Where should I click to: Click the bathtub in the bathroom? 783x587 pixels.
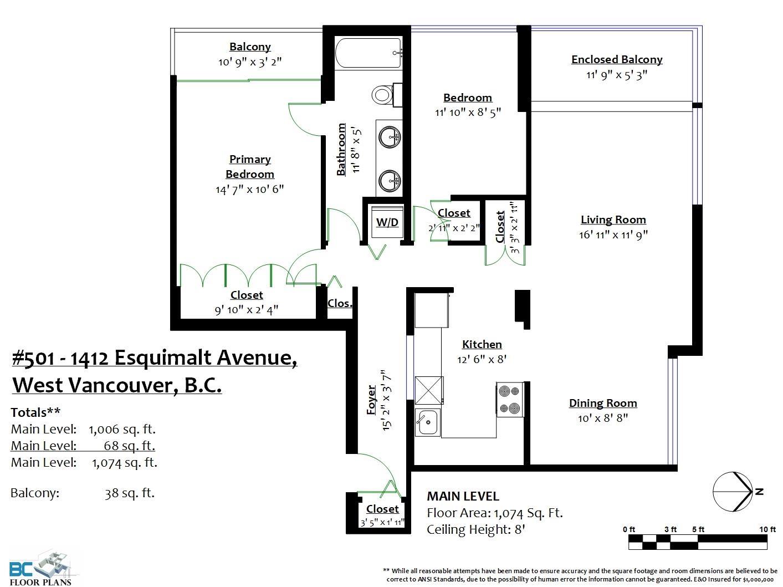click(369, 53)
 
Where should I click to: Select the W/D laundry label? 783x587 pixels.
click(387, 222)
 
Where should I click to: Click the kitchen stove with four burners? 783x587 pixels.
click(510, 399)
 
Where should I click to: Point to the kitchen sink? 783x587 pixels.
click(428, 422)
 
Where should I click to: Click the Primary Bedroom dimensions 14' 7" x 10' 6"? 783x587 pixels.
click(249, 189)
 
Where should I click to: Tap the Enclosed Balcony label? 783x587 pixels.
click(617, 59)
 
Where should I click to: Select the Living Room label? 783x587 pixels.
click(613, 220)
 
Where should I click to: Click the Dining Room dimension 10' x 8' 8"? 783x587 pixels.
click(603, 418)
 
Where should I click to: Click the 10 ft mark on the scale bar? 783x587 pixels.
click(767, 529)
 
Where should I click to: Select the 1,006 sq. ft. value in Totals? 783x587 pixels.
click(122, 429)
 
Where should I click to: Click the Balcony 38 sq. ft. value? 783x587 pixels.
click(130, 493)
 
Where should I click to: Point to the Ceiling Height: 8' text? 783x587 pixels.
click(476, 529)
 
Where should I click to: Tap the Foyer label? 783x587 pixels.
click(371, 400)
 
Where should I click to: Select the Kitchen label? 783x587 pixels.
click(482, 344)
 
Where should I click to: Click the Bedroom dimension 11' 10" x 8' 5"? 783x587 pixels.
click(468, 113)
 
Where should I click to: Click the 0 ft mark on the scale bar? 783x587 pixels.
click(629, 529)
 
